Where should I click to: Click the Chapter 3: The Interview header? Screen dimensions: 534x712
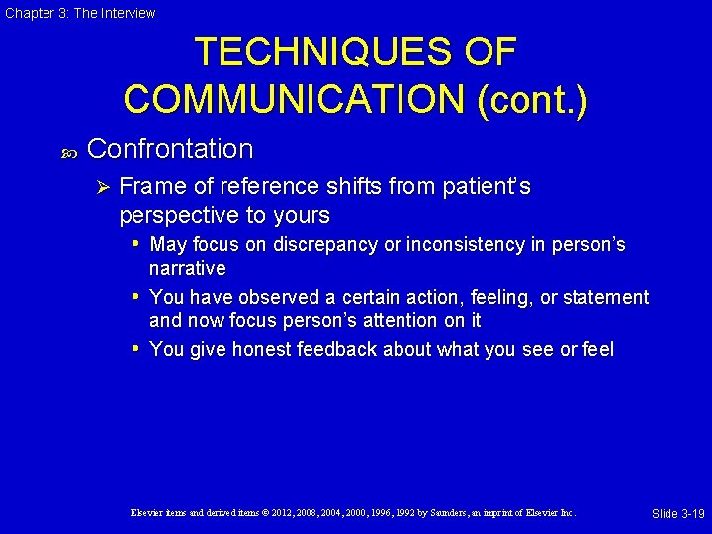click(x=79, y=13)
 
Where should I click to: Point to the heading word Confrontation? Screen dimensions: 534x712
click(x=170, y=149)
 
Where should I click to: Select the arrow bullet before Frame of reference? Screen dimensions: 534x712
click(x=98, y=187)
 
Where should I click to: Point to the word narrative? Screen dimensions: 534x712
click(x=187, y=268)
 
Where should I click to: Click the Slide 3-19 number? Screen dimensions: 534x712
click(x=677, y=513)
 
